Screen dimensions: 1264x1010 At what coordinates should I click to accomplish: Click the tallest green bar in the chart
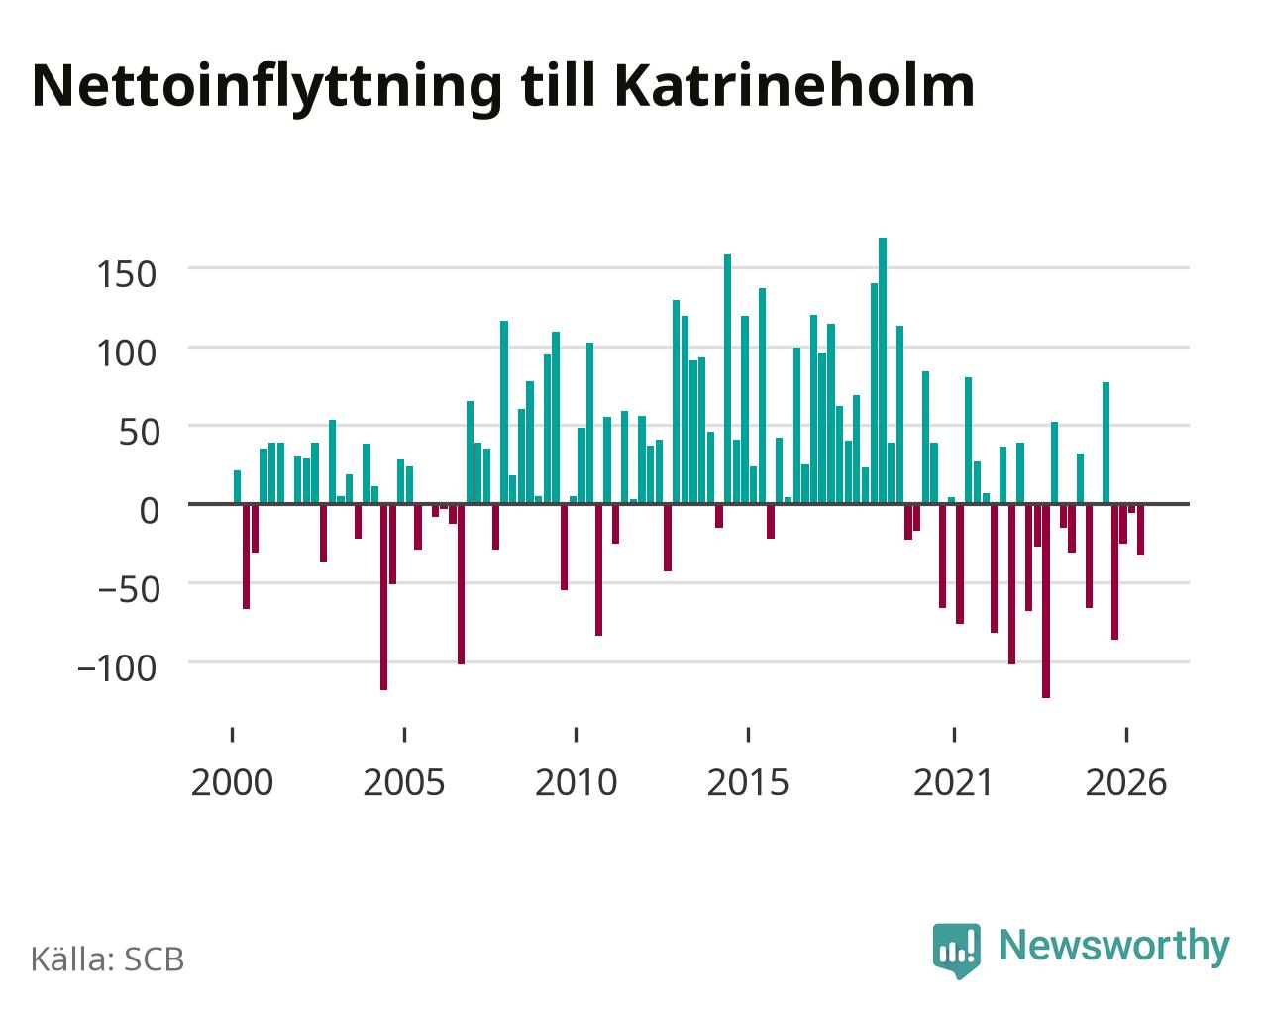tap(883, 370)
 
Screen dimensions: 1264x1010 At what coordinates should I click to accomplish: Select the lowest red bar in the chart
tap(1046, 601)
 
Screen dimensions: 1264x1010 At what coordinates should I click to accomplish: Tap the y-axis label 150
tap(127, 274)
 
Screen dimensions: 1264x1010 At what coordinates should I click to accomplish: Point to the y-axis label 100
tap(127, 353)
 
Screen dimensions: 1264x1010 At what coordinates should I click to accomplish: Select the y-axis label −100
tap(118, 668)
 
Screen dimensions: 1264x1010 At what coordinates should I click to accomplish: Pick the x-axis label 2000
tap(233, 782)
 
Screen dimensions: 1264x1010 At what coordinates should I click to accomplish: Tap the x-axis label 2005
tap(404, 782)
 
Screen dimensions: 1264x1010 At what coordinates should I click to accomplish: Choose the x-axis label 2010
tap(577, 782)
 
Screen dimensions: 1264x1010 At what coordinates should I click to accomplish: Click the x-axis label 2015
tap(748, 782)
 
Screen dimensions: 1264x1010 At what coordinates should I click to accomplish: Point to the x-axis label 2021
tap(953, 782)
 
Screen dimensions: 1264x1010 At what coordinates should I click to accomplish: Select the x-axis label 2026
tap(1126, 782)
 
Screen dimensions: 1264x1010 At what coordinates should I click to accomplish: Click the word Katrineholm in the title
tap(794, 86)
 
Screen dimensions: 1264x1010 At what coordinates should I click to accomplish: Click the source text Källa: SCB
tap(108, 959)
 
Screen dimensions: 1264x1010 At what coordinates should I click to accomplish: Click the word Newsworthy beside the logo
tap(1114, 947)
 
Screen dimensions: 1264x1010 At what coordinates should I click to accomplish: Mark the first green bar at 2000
tap(238, 487)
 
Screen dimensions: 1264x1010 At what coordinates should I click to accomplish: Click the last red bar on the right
tap(1140, 530)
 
